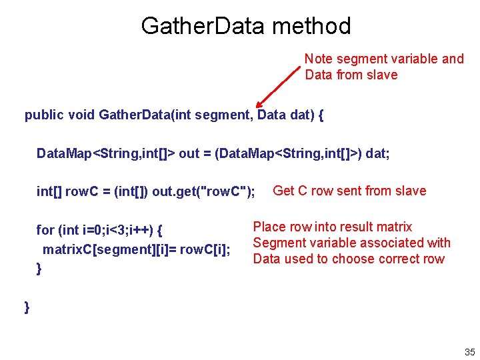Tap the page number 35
coord(469,352)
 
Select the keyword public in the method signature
coord(43,115)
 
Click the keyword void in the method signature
coord(81,115)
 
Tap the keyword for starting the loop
coord(45,231)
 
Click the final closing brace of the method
coord(27,307)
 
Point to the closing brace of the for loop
coord(39,269)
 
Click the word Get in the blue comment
coord(283,191)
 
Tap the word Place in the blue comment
coord(268,227)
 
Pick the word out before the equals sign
coord(190,153)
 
